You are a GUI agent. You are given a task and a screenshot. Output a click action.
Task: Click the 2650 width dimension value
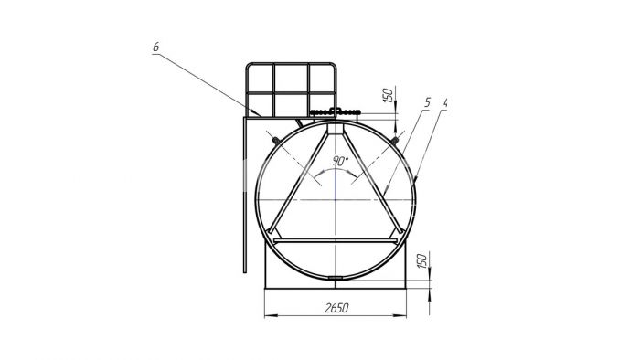336,308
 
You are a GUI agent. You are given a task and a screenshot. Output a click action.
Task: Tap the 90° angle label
340,161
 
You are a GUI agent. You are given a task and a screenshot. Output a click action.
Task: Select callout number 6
156,47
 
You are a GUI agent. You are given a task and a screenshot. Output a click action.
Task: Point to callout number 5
427,102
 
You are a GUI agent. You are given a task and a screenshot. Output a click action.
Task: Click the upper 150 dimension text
389,95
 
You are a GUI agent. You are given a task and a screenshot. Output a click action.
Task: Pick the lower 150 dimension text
422,260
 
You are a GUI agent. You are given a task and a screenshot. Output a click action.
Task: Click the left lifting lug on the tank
276,141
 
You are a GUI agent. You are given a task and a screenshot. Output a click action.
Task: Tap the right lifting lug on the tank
394,141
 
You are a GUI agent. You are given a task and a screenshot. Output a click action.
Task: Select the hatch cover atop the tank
336,111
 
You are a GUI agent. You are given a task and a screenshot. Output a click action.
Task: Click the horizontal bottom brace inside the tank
336,241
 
